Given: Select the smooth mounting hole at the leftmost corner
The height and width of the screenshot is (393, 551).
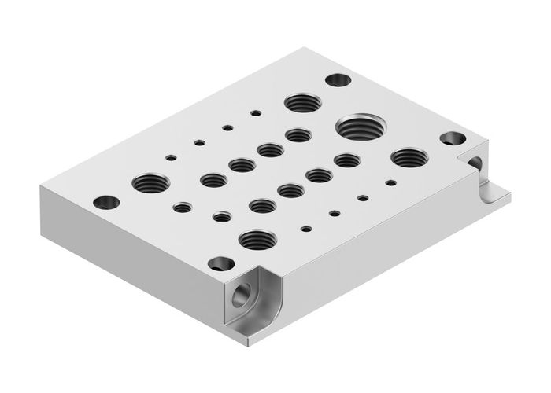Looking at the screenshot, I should tap(105, 202).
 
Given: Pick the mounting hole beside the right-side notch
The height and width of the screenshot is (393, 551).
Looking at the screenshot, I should tap(453, 138).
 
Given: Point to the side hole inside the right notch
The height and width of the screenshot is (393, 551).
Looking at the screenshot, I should tap(475, 163).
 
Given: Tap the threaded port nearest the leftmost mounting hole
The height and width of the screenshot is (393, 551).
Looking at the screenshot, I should tap(150, 183).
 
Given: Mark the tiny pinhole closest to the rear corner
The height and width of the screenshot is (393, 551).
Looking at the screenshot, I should tap(256, 112).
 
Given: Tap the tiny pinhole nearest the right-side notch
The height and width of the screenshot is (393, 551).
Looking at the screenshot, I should tap(390, 182).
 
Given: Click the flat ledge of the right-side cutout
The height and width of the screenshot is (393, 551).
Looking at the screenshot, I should tap(492, 196).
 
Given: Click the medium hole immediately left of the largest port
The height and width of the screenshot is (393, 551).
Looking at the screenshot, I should tap(298, 134).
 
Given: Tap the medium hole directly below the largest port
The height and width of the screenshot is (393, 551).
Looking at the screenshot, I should tap(346, 160).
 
